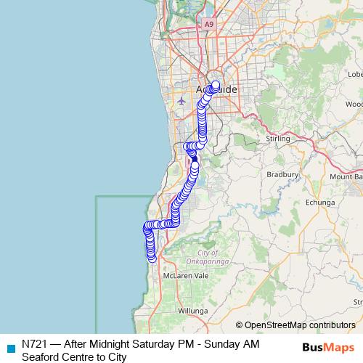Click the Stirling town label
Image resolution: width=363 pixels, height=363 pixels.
[278, 138]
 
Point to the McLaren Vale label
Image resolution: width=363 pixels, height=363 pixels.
[181, 277]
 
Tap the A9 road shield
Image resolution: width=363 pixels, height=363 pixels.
[209, 24]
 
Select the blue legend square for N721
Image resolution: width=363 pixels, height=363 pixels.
[9, 346]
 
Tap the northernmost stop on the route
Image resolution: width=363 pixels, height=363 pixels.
[216, 84]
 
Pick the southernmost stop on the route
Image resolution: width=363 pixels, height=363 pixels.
[151, 258]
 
